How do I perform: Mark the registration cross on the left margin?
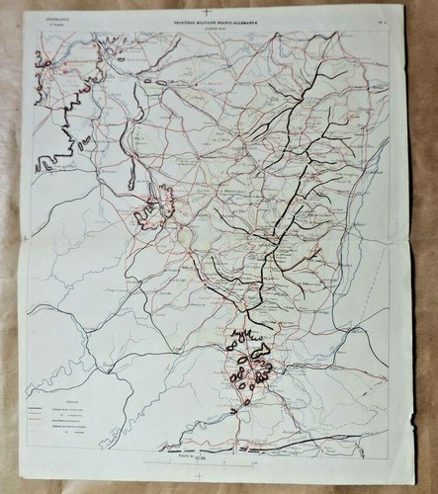(24, 238)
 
